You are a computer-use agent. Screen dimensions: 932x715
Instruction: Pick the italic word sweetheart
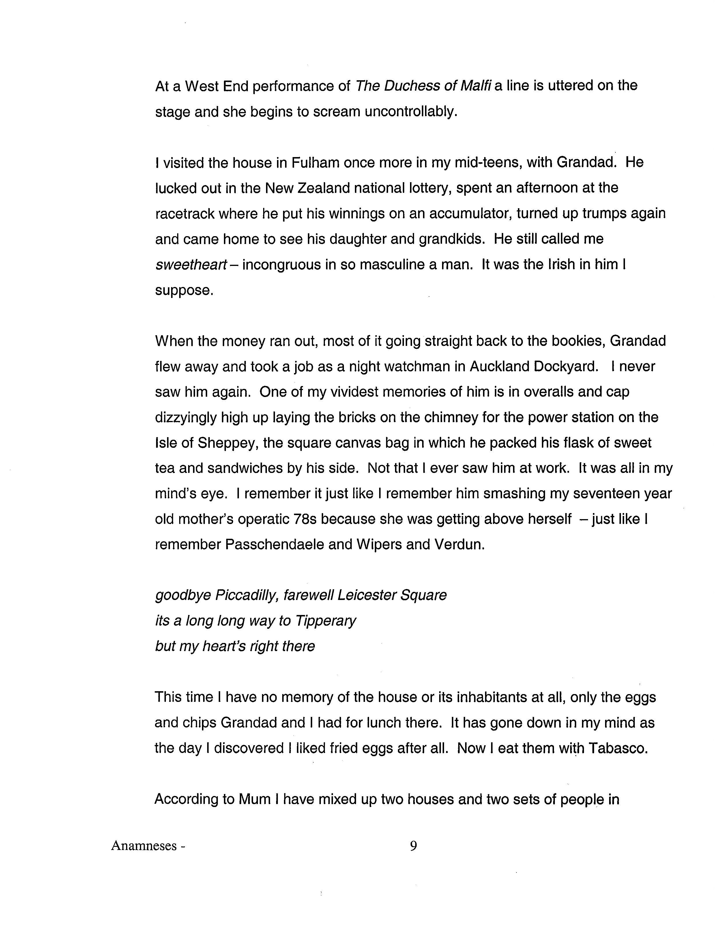(191, 265)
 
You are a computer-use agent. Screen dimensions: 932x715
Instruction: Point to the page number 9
(413, 846)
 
